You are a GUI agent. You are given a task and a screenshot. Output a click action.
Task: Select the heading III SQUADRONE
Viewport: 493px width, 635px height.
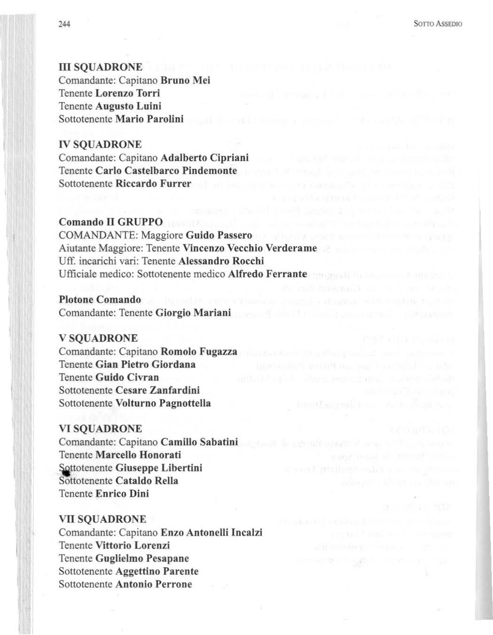(100, 67)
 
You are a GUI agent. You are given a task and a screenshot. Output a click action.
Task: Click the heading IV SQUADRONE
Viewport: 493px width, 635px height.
(100, 145)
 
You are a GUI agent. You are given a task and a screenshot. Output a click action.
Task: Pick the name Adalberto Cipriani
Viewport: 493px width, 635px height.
(204, 158)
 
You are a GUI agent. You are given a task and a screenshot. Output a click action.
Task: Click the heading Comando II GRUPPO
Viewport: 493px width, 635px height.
(110, 222)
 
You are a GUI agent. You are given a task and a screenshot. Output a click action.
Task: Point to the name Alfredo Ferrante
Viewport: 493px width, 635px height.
(267, 274)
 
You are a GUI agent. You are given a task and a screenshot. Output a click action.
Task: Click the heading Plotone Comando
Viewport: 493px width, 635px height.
(100, 300)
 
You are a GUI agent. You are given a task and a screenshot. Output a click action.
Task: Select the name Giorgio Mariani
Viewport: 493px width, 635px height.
(193, 313)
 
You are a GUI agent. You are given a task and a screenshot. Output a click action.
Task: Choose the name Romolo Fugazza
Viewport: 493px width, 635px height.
(199, 351)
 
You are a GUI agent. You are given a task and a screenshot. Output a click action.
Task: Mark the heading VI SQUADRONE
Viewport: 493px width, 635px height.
(100, 429)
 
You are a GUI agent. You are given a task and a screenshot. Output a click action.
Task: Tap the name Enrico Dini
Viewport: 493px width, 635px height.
(122, 494)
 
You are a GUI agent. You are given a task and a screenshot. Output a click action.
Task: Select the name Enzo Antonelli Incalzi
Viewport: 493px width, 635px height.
(211, 533)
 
